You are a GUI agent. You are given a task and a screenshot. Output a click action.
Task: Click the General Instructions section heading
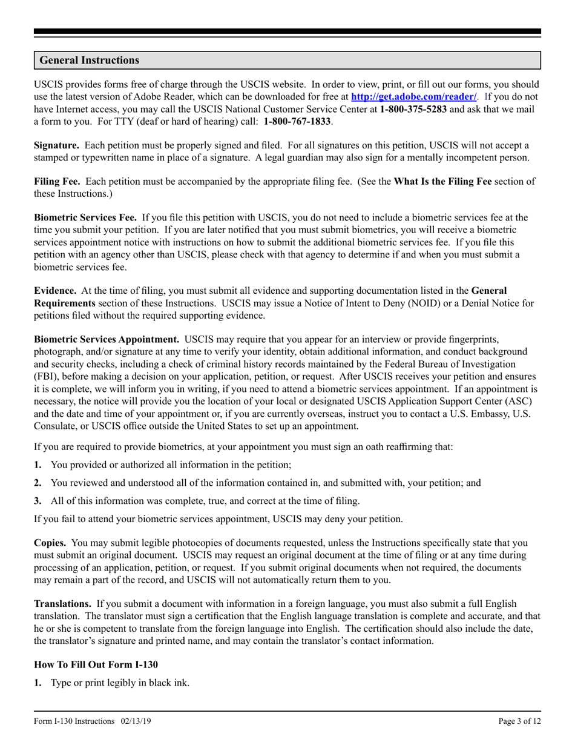(x=90, y=61)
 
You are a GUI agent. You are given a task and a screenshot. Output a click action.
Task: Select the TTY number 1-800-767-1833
(x=297, y=121)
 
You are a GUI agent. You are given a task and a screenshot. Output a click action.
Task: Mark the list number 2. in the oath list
(x=38, y=483)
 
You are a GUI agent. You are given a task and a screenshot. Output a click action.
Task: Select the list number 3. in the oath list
(x=38, y=501)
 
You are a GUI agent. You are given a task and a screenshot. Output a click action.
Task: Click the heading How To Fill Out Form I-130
(x=96, y=664)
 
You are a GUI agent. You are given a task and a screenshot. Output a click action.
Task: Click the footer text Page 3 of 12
(x=519, y=721)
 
